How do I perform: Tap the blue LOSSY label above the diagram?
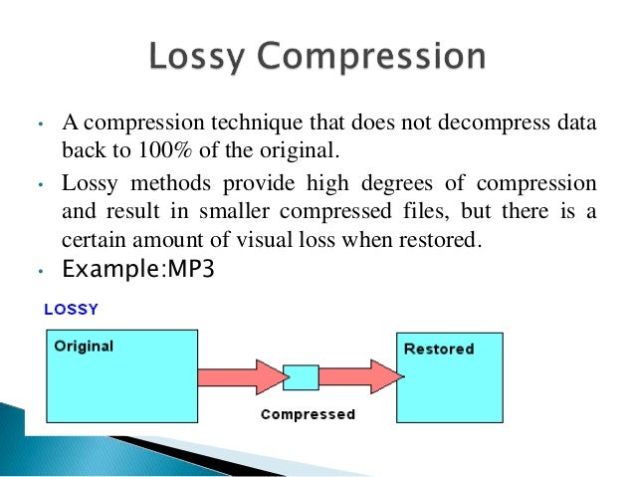click(x=71, y=310)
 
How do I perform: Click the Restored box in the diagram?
click(x=449, y=376)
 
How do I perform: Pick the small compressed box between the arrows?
click(x=301, y=377)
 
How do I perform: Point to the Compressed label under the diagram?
click(x=308, y=414)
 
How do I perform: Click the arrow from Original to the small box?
click(x=240, y=377)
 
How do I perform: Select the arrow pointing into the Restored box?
click(x=359, y=377)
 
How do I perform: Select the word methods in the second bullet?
click(x=157, y=184)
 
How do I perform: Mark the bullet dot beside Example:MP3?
click(x=38, y=270)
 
